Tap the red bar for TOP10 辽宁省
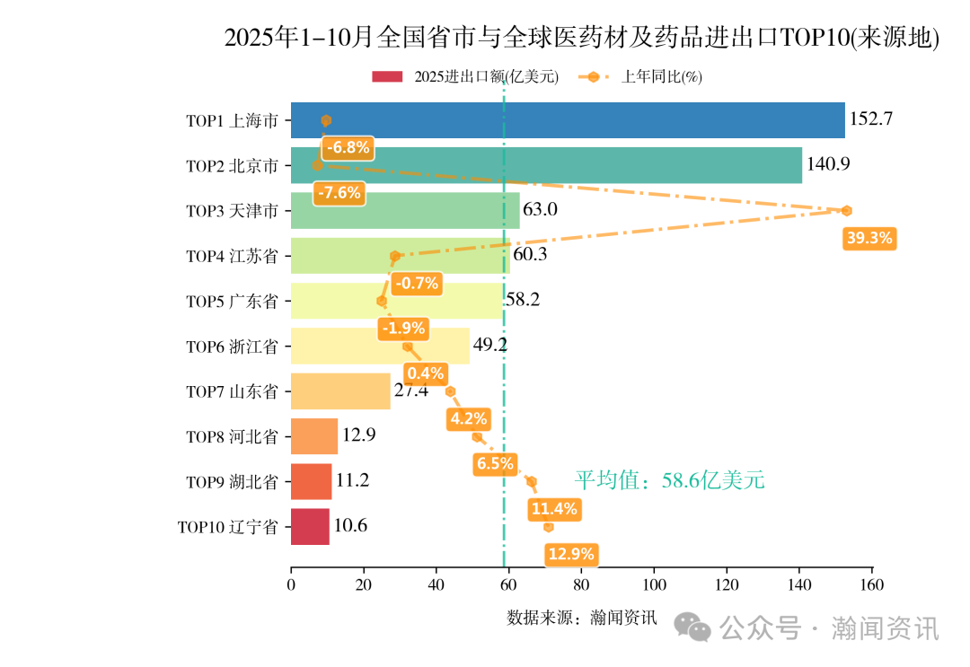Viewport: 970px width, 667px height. (x=310, y=527)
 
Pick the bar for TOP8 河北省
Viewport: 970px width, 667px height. (x=314, y=436)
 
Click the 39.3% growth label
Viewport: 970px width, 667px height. (x=869, y=238)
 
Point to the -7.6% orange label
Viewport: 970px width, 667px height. (x=339, y=192)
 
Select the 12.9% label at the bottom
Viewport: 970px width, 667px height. (x=571, y=554)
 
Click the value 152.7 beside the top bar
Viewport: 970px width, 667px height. (x=870, y=119)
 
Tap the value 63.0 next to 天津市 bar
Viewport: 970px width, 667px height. (x=541, y=210)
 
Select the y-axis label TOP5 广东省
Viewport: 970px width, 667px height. (x=232, y=302)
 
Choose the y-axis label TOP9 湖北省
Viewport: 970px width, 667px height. (x=232, y=482)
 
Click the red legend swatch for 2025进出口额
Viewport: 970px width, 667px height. (x=389, y=77)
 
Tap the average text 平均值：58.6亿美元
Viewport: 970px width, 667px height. (x=669, y=480)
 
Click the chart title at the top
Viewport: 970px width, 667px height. (x=581, y=39)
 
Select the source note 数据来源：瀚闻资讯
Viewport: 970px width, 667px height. (x=582, y=618)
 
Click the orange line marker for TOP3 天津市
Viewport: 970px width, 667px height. (x=846, y=211)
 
